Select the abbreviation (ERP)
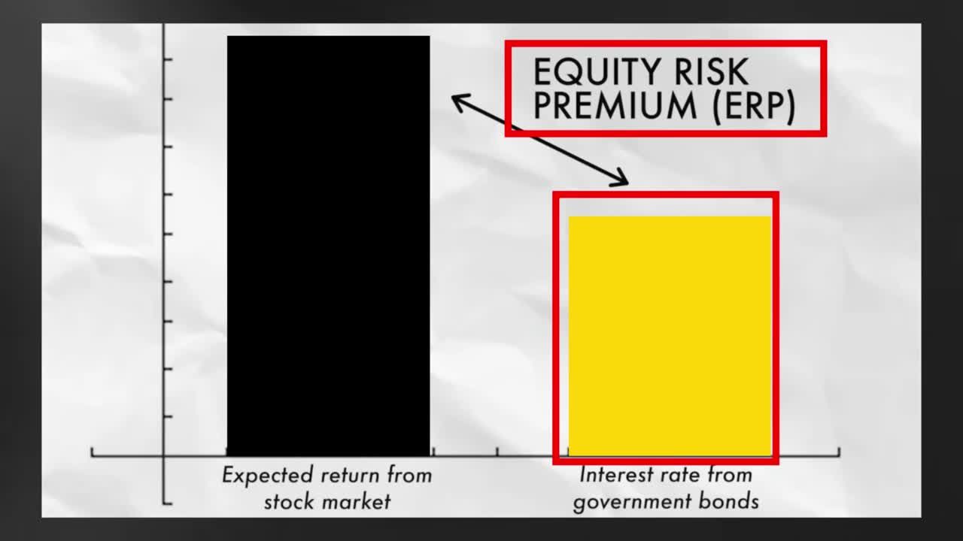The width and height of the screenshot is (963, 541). pyautogui.click(x=752, y=106)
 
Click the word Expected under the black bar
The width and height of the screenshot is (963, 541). pyautogui.click(x=267, y=476)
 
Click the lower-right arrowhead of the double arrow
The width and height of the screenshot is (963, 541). pyautogui.click(x=623, y=181)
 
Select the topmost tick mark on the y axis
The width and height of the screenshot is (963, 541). pyautogui.click(x=167, y=59)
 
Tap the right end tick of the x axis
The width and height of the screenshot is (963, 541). pyautogui.click(x=839, y=452)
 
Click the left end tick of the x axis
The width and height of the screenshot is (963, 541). pyautogui.click(x=93, y=452)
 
